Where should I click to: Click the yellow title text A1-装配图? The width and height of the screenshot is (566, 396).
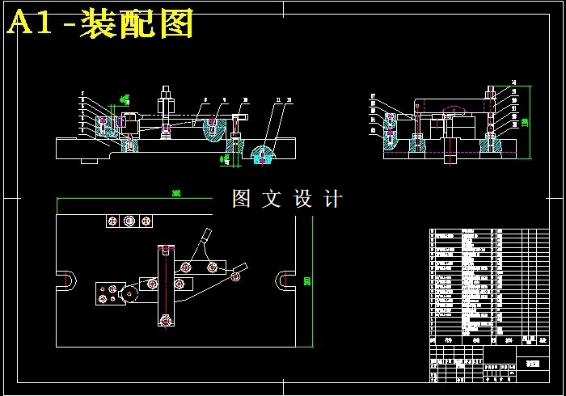pos(100,24)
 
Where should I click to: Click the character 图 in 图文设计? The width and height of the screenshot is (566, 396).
pos(243,199)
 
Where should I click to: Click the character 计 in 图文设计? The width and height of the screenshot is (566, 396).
pos(332,199)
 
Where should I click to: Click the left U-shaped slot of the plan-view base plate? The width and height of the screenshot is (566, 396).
pos(66,280)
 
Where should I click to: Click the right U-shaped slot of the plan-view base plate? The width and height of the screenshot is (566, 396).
pos(282,280)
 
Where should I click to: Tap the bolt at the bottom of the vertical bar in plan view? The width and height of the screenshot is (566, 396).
pos(166,321)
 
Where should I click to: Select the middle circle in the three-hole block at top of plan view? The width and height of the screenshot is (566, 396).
pos(129,221)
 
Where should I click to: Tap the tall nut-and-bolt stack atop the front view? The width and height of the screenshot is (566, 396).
pos(165,100)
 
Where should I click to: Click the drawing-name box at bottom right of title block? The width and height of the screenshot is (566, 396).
pos(531,364)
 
